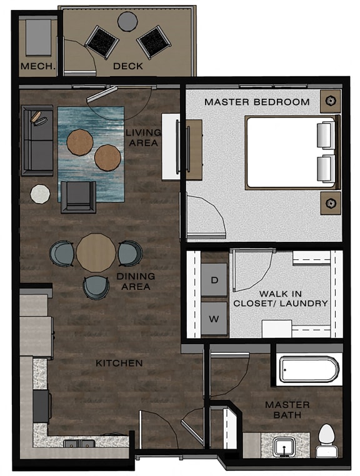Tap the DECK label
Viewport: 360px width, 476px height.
point(127,66)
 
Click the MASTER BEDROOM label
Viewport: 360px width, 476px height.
point(257,102)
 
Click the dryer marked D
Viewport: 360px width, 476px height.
point(214,280)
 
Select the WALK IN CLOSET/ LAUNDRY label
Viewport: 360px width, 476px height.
point(281,298)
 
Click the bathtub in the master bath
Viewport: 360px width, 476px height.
point(309,370)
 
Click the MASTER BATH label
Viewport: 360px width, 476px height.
point(287,410)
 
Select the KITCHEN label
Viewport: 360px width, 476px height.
point(119,363)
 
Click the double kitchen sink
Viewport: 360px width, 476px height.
point(79,444)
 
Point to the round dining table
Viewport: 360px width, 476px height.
point(96,252)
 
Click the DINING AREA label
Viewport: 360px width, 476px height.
point(136,282)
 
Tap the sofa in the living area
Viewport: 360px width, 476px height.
point(37,140)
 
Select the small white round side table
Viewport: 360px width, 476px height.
point(41,194)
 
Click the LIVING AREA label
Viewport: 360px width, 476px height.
point(143,138)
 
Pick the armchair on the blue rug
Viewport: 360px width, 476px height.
point(78,197)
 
